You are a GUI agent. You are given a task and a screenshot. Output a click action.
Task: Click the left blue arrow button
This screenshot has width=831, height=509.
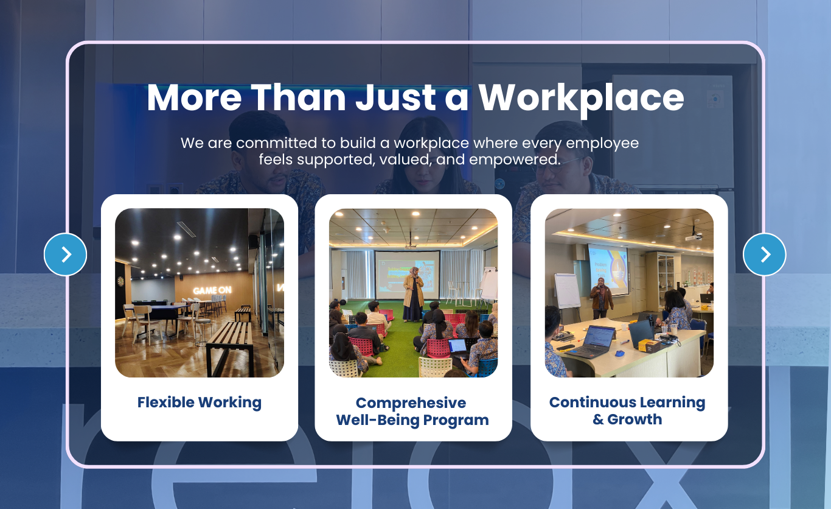[65, 254]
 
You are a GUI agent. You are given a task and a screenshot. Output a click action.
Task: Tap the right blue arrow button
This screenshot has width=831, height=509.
[764, 254]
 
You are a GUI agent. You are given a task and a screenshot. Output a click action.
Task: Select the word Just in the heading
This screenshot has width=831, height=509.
[395, 97]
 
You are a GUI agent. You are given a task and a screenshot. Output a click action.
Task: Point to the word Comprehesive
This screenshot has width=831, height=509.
[411, 403]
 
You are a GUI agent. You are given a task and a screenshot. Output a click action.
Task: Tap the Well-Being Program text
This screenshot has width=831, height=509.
[412, 420]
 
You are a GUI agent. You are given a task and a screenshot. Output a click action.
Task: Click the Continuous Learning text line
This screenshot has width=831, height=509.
[627, 402]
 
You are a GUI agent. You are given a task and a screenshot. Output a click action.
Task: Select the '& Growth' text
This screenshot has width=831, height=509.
[627, 419]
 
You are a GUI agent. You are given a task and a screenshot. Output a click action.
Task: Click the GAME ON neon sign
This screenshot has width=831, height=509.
[212, 290]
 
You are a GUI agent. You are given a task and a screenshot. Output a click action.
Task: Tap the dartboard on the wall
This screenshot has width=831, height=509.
[121, 281]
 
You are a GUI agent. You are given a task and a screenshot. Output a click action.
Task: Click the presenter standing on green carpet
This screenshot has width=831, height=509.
[413, 294]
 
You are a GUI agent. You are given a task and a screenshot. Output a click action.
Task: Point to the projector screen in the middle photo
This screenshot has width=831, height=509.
[407, 275]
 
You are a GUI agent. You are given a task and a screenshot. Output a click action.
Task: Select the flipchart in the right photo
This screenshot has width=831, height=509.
[567, 290]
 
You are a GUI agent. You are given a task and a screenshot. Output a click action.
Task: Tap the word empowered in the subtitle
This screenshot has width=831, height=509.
[514, 160]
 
